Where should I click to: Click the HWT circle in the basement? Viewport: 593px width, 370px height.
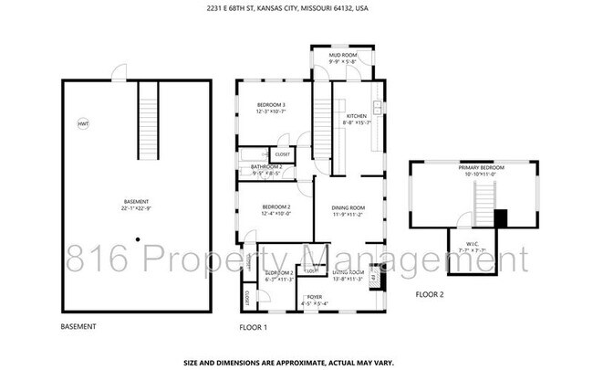pyautogui.click(x=83, y=123)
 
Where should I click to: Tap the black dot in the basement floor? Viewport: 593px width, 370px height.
pyautogui.click(x=138, y=240)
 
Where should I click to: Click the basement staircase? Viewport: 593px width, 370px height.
pyautogui.click(x=149, y=118)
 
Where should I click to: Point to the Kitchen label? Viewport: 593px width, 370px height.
pyautogui.click(x=355, y=116)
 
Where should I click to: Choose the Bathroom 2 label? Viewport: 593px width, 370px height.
pyautogui.click(x=267, y=167)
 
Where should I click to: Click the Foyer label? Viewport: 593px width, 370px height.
pyautogui.click(x=314, y=297)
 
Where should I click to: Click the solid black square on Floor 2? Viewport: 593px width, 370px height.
pyautogui.click(x=499, y=218)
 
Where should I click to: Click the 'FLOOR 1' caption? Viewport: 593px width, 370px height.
pyautogui.click(x=252, y=326)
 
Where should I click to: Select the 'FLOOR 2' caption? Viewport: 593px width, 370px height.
pyautogui.click(x=429, y=294)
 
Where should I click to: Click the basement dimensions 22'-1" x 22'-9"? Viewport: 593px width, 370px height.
pyautogui.click(x=136, y=208)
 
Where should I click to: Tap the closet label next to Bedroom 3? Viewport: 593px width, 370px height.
pyautogui.click(x=283, y=154)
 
